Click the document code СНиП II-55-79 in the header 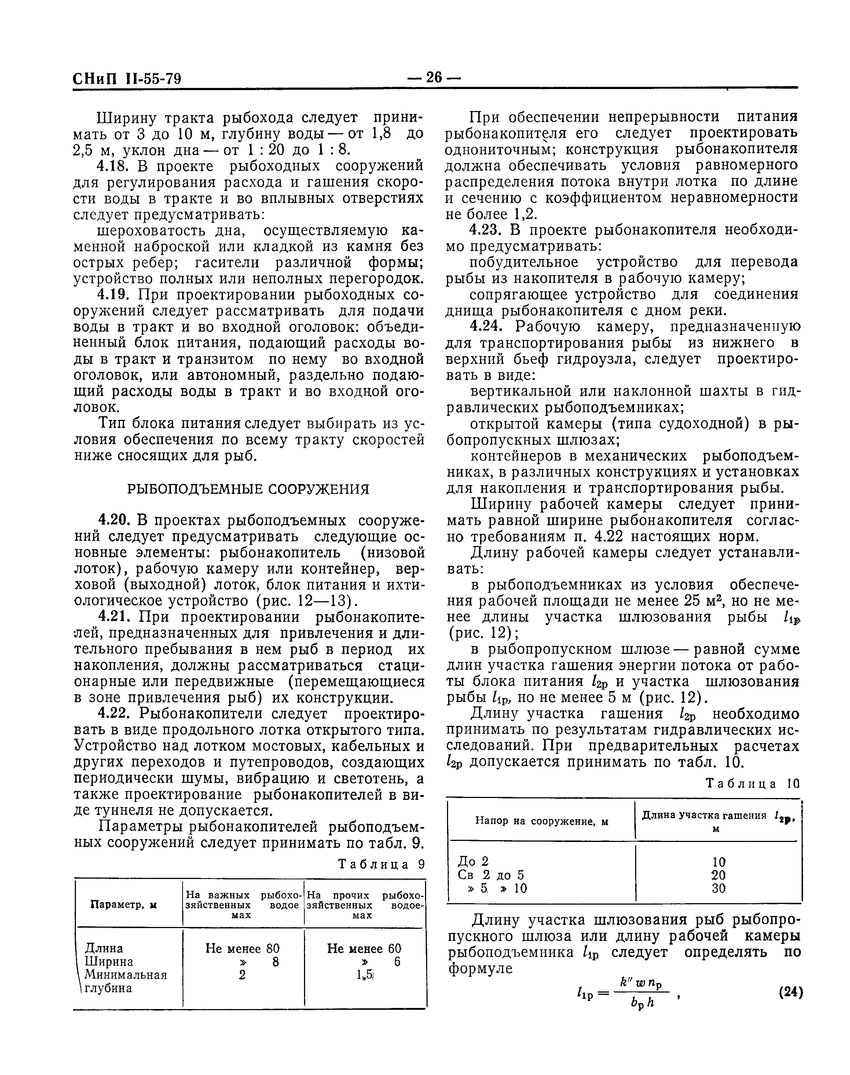coord(127,78)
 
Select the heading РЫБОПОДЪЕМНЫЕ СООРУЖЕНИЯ coord(248,489)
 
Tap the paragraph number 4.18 coord(113,166)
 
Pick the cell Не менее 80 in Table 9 coord(242,948)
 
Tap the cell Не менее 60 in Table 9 coord(364,948)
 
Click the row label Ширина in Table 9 coord(109,962)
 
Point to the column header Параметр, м coord(124,905)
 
